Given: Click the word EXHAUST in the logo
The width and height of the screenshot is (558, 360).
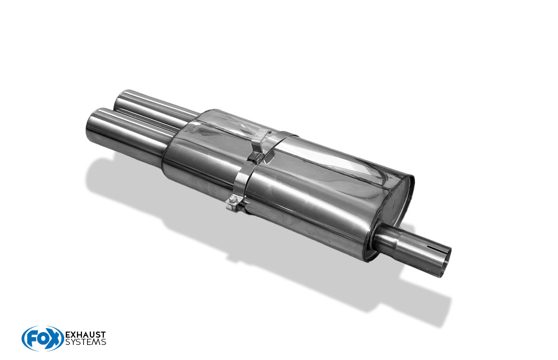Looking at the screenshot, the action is (x=85, y=335).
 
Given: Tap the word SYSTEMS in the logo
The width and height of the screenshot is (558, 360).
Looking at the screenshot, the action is (x=85, y=342).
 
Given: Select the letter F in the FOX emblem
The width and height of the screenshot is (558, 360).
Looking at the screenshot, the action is (x=31, y=339).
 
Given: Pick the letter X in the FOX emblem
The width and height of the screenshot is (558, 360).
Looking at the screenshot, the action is (x=54, y=338).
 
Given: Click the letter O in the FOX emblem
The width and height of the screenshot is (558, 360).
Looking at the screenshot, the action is (x=41, y=339).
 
